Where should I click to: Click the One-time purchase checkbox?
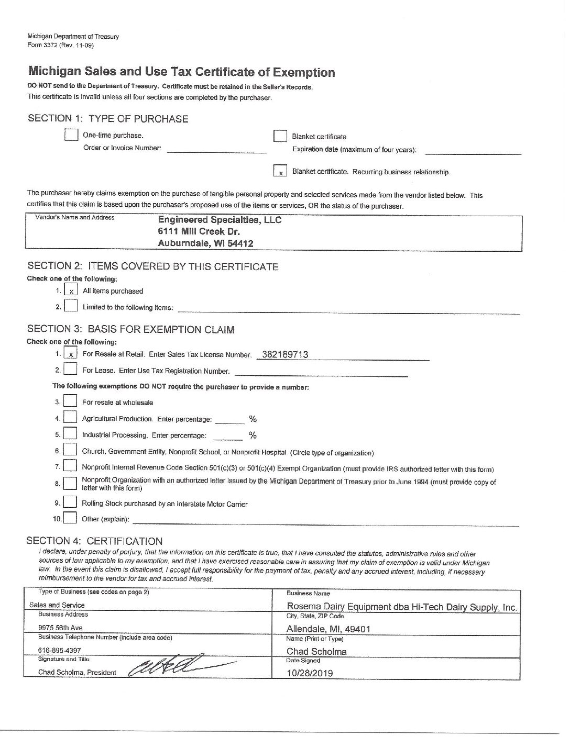[x=71, y=135]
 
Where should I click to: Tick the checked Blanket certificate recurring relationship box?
[x=280, y=171]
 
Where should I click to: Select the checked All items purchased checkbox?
[x=71, y=291]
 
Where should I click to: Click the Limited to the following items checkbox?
[x=71, y=306]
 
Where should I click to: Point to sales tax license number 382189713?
[x=284, y=354]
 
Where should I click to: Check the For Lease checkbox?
[x=70, y=370]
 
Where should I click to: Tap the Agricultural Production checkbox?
[x=70, y=418]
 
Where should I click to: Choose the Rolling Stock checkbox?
[x=70, y=503]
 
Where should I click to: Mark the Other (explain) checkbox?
[x=70, y=519]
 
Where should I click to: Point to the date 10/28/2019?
[x=309, y=673]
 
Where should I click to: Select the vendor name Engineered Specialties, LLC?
[x=220, y=220]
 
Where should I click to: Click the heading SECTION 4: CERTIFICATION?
[x=94, y=541]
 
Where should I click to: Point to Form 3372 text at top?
[x=60, y=45]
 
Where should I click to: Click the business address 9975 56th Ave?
[x=60, y=628]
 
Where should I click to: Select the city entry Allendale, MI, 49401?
[x=328, y=629]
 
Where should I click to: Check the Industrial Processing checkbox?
[x=70, y=434]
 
